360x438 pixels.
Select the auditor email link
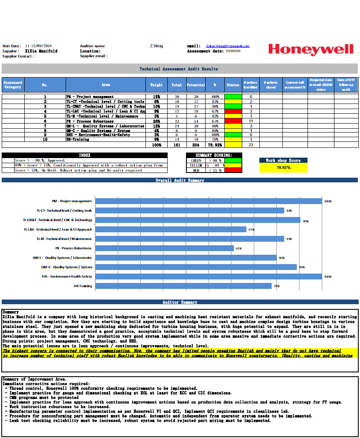(x=227, y=46)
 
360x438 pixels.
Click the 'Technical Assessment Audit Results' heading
(x=179, y=69)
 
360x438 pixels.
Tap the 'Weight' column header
(x=156, y=85)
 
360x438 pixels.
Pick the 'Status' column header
(x=233, y=85)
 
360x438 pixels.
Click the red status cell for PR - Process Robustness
(x=233, y=121)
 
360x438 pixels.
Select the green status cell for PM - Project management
(x=233, y=97)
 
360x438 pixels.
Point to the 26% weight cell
(x=156, y=121)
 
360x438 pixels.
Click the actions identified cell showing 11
(x=251, y=121)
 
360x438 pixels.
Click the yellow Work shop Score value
(x=283, y=167)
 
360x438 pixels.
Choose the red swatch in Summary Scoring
(x=233, y=170)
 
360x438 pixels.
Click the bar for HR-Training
(x=183, y=286)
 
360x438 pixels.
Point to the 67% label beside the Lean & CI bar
(x=251, y=230)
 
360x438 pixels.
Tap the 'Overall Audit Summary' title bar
(x=180, y=180)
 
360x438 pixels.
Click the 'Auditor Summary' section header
(x=180, y=302)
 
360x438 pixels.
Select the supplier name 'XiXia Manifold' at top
(x=41, y=51)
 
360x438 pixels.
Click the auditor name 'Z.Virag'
(x=157, y=46)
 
